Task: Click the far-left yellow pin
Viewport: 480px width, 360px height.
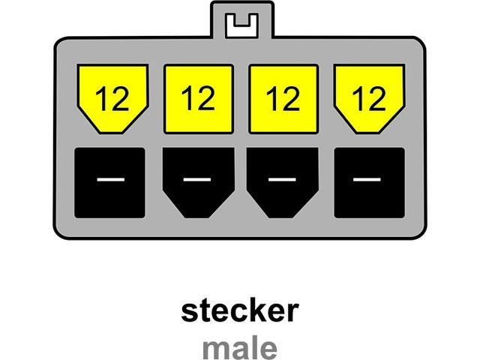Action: coord(112,98)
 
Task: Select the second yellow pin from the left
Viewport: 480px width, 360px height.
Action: coord(199,99)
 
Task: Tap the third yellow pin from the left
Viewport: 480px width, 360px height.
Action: coord(283,99)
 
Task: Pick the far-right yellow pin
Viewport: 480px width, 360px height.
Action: coord(370,98)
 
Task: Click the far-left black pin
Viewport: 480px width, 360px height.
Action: coord(110,183)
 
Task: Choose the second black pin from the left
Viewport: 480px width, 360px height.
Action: coord(199,183)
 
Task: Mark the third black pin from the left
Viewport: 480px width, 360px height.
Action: coord(283,183)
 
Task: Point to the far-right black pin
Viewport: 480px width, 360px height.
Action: coord(370,183)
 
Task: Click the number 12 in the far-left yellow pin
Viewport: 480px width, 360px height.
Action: coord(112,98)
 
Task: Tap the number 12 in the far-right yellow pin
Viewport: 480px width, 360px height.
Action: coord(369,98)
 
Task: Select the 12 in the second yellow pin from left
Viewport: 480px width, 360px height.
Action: coord(198,97)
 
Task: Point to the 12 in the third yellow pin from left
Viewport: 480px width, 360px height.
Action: coord(283,98)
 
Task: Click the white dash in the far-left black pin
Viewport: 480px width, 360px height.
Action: coord(111,179)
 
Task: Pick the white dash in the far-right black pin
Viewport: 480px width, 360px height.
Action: coord(367,179)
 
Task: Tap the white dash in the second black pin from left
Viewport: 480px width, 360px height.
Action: coord(197,179)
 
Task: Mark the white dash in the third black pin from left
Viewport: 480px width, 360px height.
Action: coord(282,179)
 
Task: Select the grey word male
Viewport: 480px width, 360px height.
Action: coord(240,348)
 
